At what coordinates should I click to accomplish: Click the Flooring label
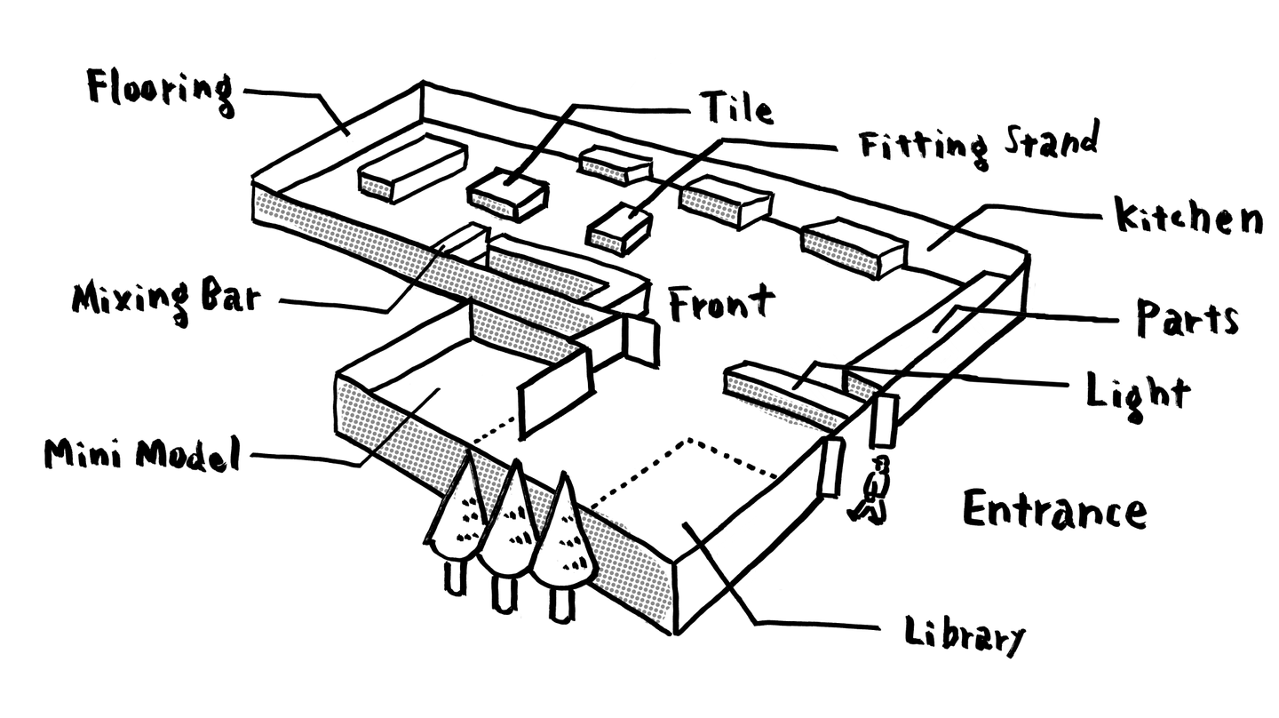[161, 92]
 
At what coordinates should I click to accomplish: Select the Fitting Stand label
[978, 145]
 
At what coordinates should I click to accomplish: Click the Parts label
[1188, 317]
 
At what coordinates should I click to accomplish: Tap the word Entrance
[1054, 509]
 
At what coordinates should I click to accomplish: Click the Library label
[965, 634]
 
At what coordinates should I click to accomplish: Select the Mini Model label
[142, 455]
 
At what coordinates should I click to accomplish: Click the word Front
[722, 303]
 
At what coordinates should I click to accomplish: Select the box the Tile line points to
[508, 195]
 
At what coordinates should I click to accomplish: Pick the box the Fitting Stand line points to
[620, 229]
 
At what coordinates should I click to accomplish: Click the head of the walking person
[882, 463]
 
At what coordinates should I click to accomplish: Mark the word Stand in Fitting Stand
[1051, 140]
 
